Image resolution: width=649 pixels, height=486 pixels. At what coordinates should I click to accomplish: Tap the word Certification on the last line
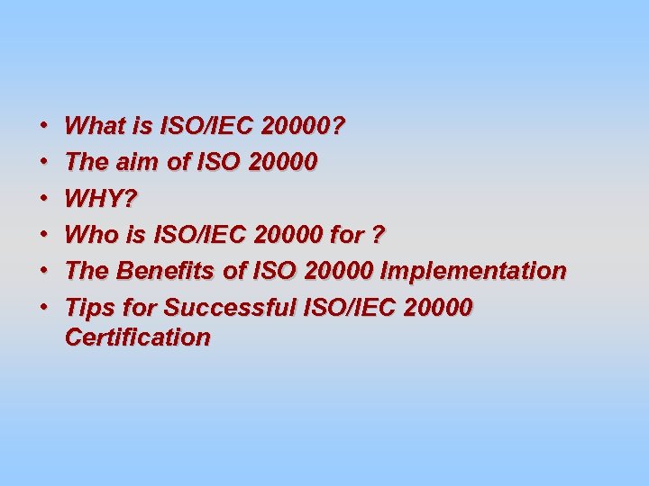tap(138, 337)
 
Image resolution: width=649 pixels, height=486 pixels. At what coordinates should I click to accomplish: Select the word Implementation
tap(474, 271)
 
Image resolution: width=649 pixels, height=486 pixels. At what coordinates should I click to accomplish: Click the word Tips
tap(88, 308)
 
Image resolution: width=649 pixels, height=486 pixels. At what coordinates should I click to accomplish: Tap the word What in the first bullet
tap(96, 125)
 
